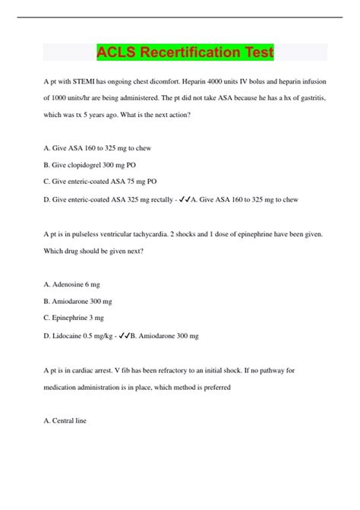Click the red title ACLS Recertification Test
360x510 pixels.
pyautogui.click(x=185, y=52)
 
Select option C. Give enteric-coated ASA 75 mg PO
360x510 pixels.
pyautogui.click(x=100, y=182)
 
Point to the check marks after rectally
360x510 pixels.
pyautogui.click(x=182, y=199)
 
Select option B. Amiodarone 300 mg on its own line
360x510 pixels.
pyautogui.click(x=80, y=301)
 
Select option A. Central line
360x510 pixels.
pyautogui.click(x=66, y=421)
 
